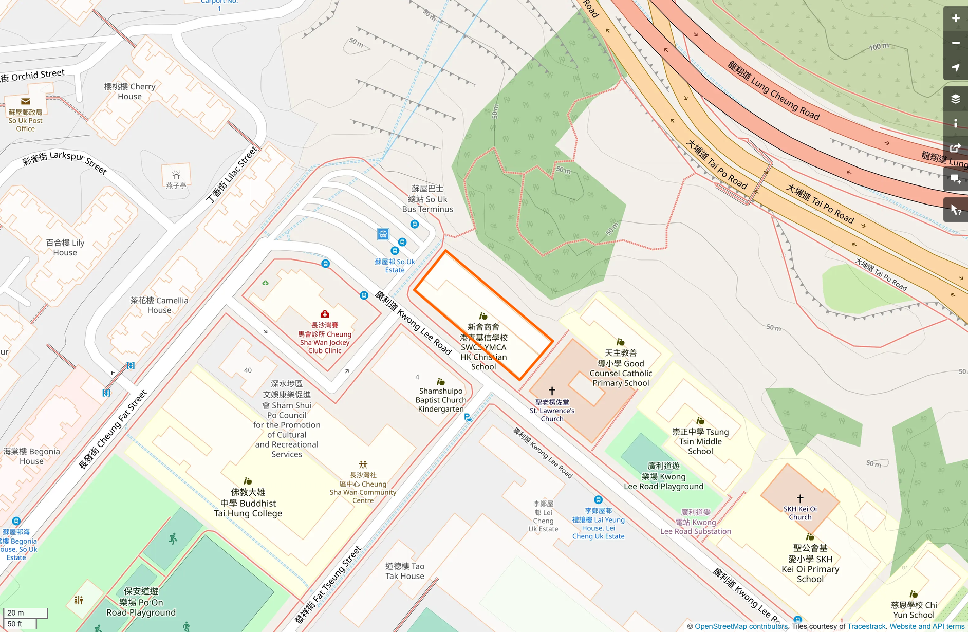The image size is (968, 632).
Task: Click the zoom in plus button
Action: (x=955, y=18)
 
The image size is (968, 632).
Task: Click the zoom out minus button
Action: (x=955, y=43)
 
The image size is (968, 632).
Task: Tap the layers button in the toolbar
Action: (x=955, y=99)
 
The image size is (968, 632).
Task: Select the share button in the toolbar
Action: (x=955, y=148)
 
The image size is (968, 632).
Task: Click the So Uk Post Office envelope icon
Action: (x=25, y=101)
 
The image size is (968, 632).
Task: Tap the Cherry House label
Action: (x=129, y=91)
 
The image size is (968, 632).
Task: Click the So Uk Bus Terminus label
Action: (x=427, y=199)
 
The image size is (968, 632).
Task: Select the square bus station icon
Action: (x=383, y=234)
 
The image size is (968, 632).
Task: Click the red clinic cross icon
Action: (x=325, y=314)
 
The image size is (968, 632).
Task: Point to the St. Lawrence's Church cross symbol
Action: (x=552, y=391)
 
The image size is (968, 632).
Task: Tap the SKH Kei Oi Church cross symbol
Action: (x=800, y=498)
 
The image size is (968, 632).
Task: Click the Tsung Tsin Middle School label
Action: (x=700, y=441)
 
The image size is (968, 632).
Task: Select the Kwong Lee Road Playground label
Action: (x=663, y=476)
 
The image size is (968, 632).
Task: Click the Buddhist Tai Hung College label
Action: (x=248, y=503)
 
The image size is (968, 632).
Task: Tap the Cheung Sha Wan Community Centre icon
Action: (x=363, y=464)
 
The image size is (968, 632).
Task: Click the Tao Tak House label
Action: (x=405, y=571)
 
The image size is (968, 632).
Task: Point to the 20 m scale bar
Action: (x=25, y=613)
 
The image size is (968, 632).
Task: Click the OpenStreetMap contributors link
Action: (x=741, y=626)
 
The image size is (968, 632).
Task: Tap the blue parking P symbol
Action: (x=468, y=417)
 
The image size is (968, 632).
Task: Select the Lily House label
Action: (x=65, y=247)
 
